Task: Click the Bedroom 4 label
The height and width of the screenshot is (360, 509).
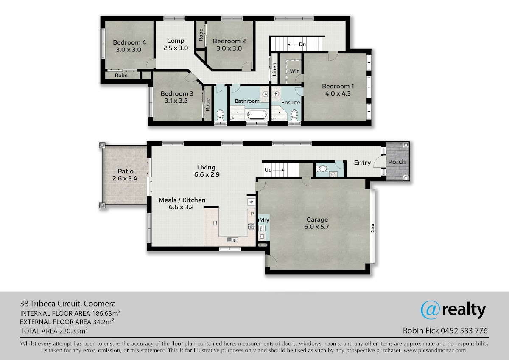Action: coord(129,42)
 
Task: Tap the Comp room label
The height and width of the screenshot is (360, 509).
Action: coord(176,41)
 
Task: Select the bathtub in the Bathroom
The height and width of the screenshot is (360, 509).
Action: coord(257,115)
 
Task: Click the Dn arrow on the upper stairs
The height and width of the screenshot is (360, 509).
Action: coord(293,45)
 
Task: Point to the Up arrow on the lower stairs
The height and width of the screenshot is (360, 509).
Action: coord(279,170)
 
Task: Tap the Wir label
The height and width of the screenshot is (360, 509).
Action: coord(294,71)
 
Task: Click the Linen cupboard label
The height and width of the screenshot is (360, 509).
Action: coord(274,69)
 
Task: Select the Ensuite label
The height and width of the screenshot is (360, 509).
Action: coord(291,103)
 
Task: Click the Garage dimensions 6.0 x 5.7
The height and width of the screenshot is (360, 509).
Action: coord(316,227)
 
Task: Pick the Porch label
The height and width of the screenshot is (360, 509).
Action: coord(397,162)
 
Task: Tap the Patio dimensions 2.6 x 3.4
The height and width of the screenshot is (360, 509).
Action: coord(125,179)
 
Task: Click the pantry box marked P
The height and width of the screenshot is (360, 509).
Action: coord(252,214)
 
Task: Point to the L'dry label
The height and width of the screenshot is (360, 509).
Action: coord(263,220)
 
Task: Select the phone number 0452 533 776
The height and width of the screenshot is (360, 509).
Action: coord(464,331)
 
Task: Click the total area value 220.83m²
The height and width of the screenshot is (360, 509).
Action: coord(73,331)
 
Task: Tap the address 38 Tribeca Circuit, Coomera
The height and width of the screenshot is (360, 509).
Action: coord(68,304)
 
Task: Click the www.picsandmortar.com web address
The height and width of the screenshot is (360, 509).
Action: coord(435,351)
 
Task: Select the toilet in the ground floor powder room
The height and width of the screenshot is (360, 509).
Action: coord(322,169)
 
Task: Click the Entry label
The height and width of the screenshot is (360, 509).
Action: coord(362,163)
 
